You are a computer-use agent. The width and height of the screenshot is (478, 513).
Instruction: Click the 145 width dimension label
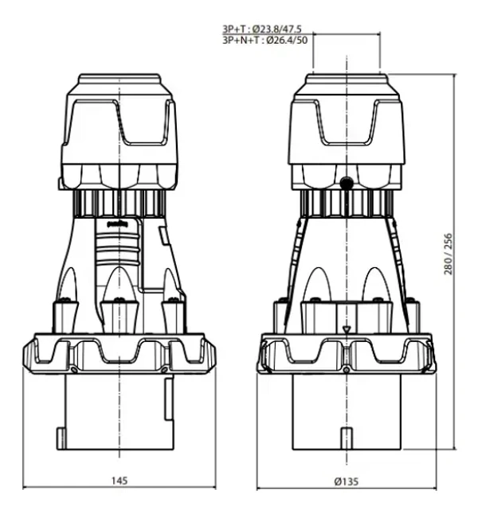coord(119,480)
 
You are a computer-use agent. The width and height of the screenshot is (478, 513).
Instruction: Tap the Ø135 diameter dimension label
coord(347,480)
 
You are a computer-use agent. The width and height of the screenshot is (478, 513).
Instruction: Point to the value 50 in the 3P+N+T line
coord(301,39)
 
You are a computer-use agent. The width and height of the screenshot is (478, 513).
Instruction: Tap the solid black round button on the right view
coord(347,184)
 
